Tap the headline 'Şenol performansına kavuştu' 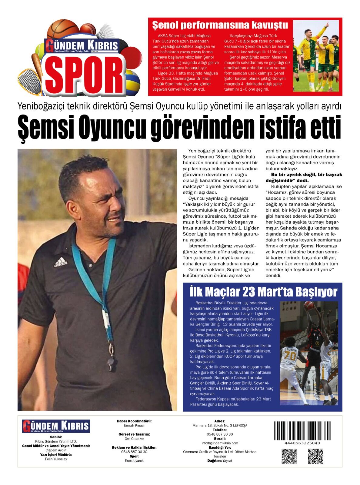coord(220,25)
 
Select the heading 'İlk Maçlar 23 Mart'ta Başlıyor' coord(263,292)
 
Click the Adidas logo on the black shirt coord(61,262)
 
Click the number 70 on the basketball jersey coord(290,356)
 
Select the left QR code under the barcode coord(289,456)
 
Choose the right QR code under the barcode coord(315,456)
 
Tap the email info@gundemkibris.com coord(220,443)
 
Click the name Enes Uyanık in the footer coord(134,460)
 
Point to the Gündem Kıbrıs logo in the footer coord(56,426)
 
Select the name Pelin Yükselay coord(56,459)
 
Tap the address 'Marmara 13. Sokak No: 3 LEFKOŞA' coord(220,425)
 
